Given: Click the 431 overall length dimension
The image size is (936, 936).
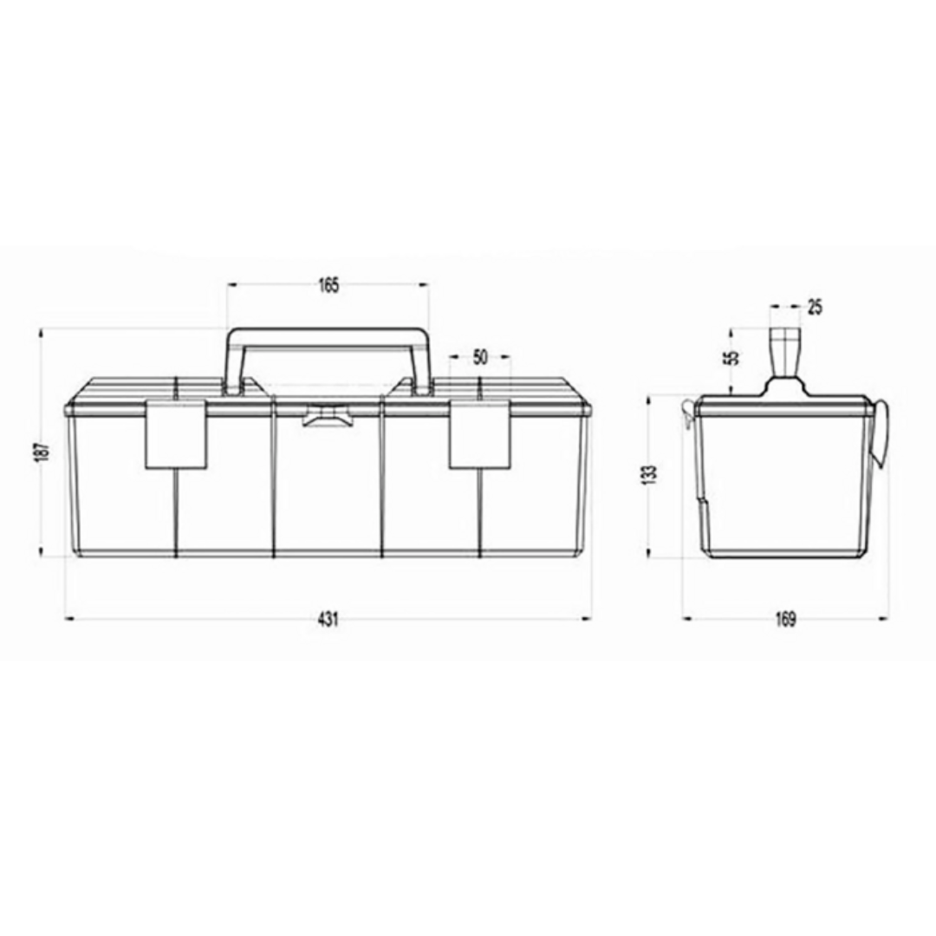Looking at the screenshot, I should (327, 619).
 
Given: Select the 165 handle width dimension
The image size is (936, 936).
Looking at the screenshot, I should (328, 286).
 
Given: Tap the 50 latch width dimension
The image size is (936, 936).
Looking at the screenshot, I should (481, 357).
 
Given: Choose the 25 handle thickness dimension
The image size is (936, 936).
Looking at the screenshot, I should (814, 306).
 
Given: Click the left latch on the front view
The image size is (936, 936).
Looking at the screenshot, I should (176, 435).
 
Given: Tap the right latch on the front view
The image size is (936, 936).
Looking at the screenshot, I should (479, 435).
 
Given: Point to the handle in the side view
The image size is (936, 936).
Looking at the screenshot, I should (786, 354).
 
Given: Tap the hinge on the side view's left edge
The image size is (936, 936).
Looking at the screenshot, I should (687, 413).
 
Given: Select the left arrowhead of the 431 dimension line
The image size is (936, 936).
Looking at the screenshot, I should (69, 619).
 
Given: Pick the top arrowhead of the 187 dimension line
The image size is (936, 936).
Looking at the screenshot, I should (42, 332).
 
